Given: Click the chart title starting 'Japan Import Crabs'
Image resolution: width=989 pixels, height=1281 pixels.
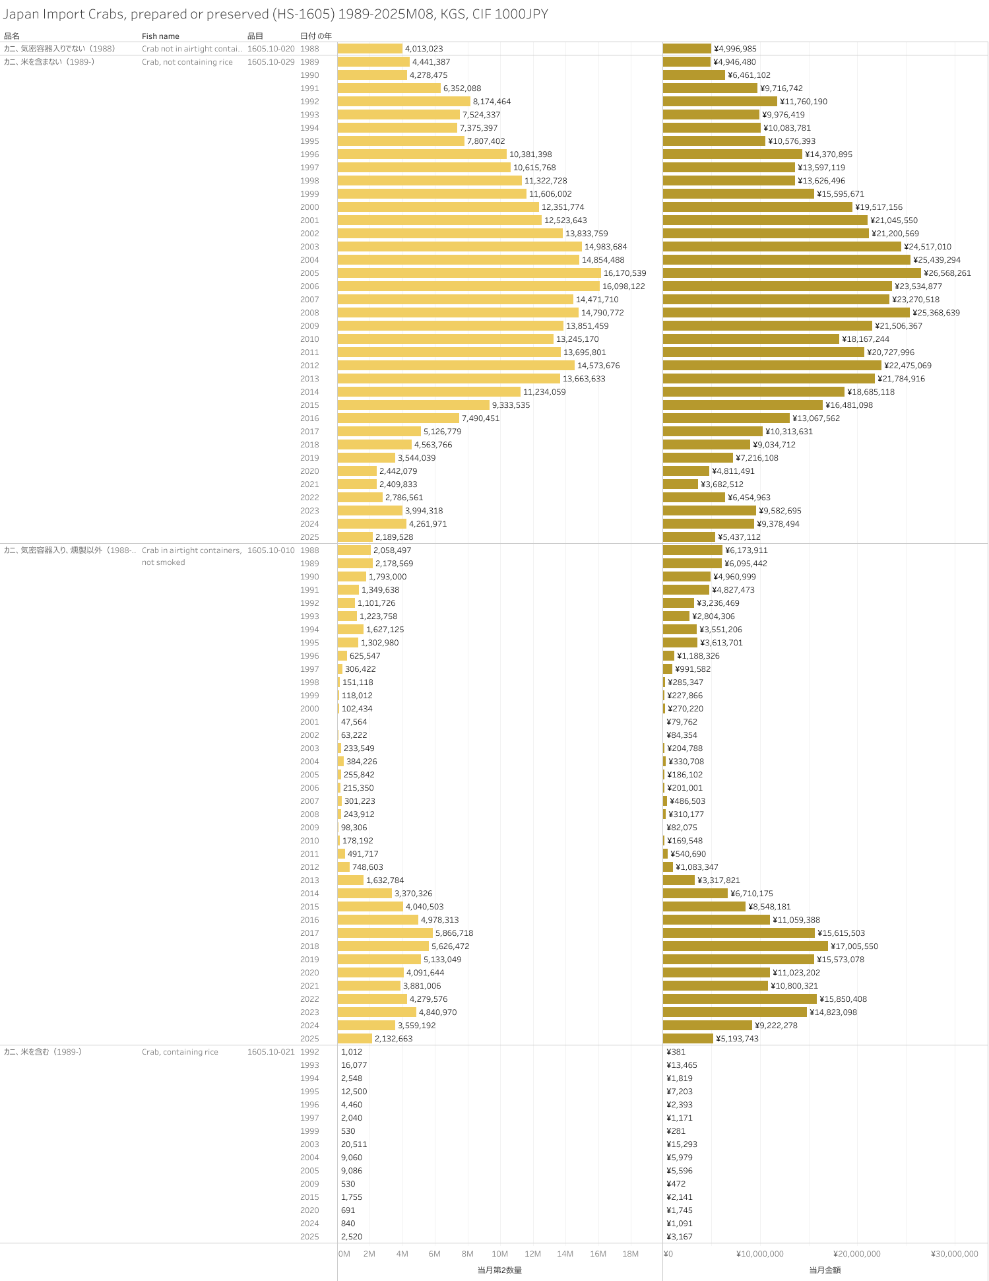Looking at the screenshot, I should pos(275,15).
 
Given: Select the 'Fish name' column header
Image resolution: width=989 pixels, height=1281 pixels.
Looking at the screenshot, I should pos(160,36).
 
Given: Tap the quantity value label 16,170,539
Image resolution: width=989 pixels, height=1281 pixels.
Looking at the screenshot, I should pos(625,273).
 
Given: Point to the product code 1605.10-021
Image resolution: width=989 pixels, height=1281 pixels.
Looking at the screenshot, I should pos(271,1052).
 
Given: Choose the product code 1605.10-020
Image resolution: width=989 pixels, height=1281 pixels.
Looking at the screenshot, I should pos(271,49).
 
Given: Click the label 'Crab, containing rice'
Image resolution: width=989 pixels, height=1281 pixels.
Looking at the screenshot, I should pos(179,1052).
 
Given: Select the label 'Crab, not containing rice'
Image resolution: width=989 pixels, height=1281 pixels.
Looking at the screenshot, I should pos(187,62).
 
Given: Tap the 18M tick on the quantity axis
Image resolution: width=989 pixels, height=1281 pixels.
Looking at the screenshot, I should pos(630,1254).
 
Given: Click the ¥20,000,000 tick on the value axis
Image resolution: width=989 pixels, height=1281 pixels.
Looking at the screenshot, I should pos(856,1254).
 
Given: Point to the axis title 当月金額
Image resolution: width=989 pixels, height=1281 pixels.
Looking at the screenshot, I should pos(825,1270).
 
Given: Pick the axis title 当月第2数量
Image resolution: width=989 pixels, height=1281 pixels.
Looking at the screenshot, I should pos(499,1270).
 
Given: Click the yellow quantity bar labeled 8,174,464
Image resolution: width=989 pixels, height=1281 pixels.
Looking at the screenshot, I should pos(404,102).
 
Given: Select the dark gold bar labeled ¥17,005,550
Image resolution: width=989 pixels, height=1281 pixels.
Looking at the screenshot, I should pos(745,946).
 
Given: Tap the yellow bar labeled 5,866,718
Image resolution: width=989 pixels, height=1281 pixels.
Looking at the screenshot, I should pos(385,933).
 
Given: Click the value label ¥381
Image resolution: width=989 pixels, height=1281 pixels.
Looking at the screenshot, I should pos(676,1052).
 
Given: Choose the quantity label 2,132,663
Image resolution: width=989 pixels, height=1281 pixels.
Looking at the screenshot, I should pos(393,1039).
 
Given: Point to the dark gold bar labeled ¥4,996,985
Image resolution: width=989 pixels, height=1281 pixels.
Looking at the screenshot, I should pos(687,49).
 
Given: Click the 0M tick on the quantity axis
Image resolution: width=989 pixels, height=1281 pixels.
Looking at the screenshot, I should pos(344,1254).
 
